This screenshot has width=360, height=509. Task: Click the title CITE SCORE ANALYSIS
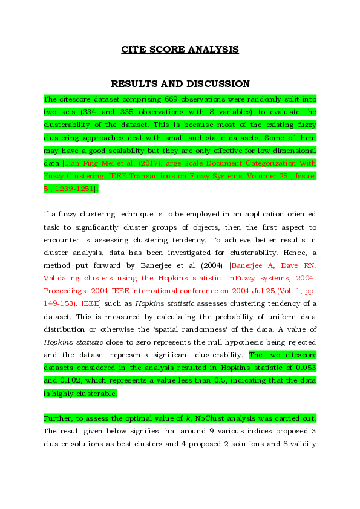pos(180,50)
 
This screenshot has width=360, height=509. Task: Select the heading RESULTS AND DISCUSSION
pos(180,84)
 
